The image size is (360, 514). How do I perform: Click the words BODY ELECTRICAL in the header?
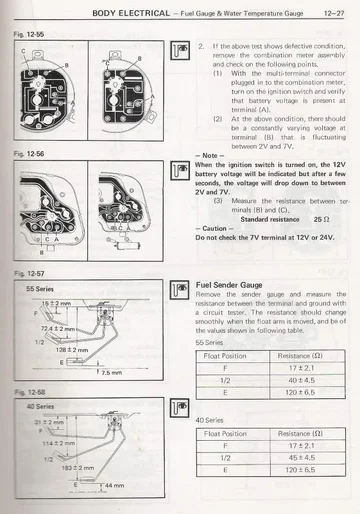(x=128, y=13)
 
